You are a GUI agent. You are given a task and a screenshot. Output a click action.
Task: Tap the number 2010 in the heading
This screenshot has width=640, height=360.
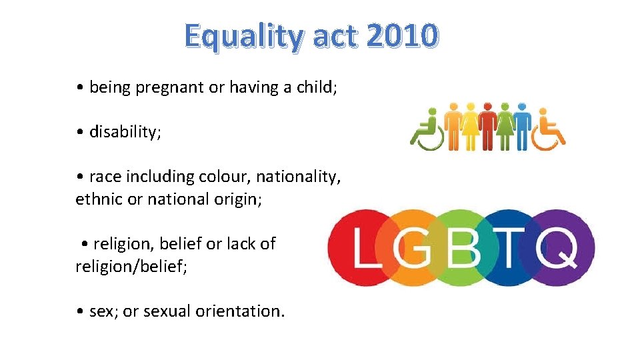point(402,36)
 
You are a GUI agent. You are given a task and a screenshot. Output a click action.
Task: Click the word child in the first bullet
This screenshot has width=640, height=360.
point(316,87)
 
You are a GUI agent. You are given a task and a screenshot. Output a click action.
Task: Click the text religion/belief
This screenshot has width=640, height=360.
point(131,266)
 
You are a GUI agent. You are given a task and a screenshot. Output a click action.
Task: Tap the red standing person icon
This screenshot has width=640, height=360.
point(487,127)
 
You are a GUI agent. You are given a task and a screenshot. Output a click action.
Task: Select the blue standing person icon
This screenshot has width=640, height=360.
point(522,127)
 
